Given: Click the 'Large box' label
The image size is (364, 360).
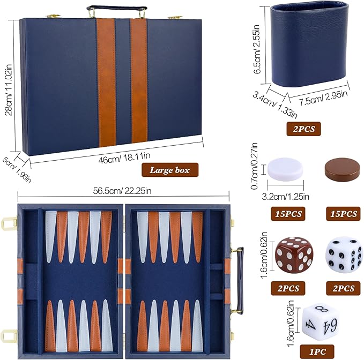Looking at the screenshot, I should (170, 171).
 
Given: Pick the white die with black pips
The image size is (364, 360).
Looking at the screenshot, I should (343, 253).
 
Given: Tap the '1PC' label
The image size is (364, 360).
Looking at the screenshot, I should (317, 352).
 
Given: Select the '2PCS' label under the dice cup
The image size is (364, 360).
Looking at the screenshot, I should (304, 129).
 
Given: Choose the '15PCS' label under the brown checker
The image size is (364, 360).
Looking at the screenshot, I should (340, 214).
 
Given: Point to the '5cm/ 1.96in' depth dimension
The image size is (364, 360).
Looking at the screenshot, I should (17, 168).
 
